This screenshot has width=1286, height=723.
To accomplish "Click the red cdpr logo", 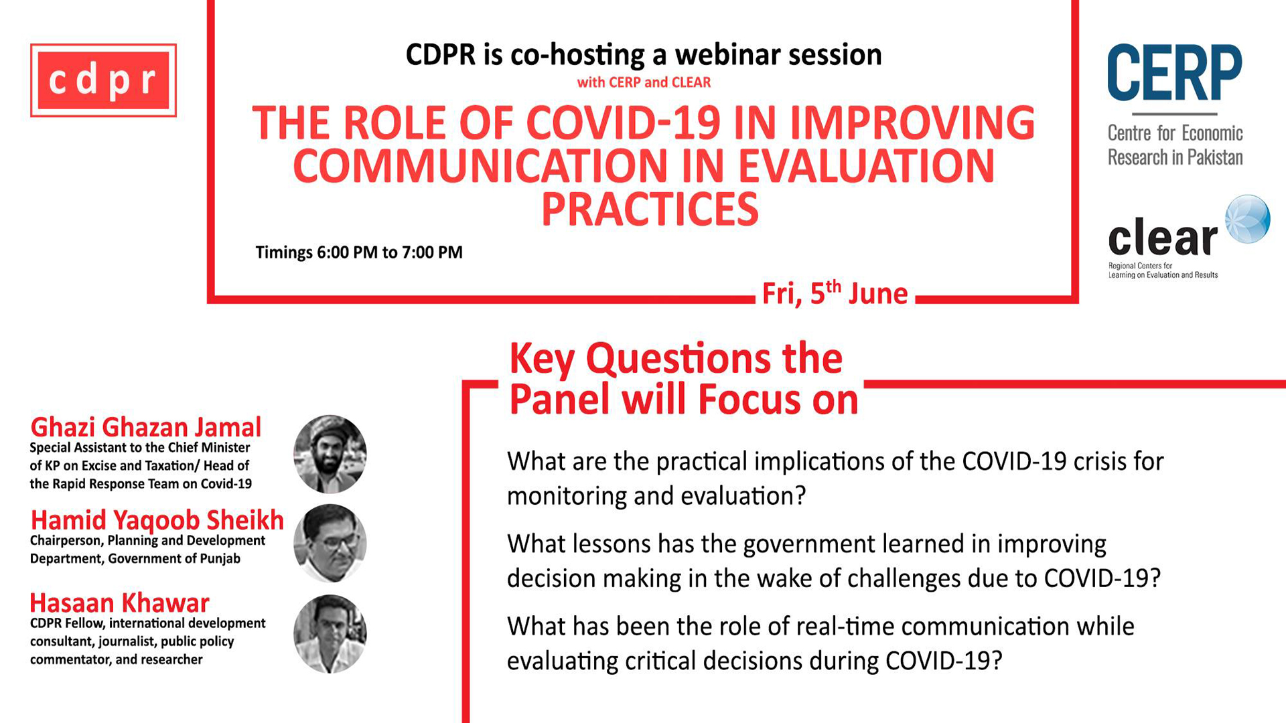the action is click(x=103, y=80).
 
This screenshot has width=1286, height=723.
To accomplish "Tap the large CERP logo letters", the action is click(x=1175, y=73).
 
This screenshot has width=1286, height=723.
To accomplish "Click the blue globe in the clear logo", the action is click(x=1247, y=219).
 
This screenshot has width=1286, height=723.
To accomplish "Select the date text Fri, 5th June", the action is click(x=835, y=293).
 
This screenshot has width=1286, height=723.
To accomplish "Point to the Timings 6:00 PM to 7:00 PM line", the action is click(x=359, y=252).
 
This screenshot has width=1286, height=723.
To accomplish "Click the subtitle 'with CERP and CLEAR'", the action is click(x=644, y=82).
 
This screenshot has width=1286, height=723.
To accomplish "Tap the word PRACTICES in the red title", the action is click(x=650, y=209).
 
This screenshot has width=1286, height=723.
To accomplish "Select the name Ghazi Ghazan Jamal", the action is click(x=146, y=427).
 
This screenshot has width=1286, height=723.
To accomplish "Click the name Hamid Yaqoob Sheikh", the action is click(x=157, y=520).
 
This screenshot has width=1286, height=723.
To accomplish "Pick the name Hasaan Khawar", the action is click(x=120, y=603).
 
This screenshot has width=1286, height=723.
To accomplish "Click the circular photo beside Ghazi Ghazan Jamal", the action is click(x=330, y=454).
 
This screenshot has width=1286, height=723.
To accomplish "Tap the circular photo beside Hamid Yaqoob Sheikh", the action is click(x=330, y=543).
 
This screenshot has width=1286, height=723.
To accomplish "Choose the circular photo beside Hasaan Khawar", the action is click(x=330, y=634).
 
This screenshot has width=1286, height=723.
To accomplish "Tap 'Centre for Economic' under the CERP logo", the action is click(x=1175, y=133).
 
